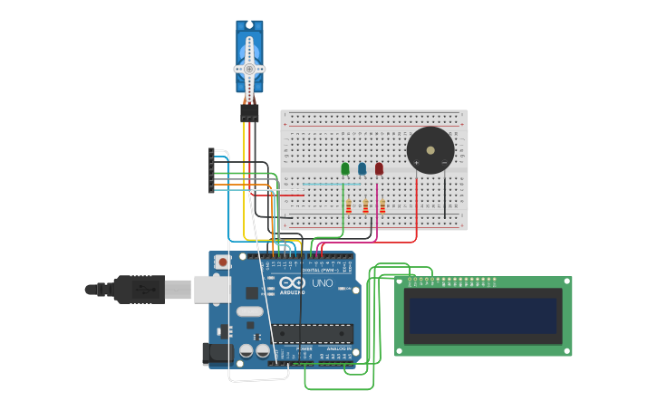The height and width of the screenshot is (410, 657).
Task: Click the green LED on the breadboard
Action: [x=345, y=168]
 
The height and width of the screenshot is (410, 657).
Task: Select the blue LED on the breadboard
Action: [x=362, y=168]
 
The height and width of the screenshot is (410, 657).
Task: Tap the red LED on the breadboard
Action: [x=379, y=168]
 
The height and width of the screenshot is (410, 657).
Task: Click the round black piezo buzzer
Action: [x=430, y=150]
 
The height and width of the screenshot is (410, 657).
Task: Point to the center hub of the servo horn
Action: [x=249, y=69]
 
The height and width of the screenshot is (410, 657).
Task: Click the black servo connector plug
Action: [x=249, y=113]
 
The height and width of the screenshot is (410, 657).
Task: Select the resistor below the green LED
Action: [x=348, y=206]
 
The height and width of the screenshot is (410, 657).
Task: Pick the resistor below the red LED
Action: [x=382, y=206]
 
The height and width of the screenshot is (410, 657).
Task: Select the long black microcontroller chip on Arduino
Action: [x=313, y=333]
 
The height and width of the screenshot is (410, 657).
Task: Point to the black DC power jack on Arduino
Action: [x=216, y=354]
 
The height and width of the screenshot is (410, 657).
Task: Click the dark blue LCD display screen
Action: [x=482, y=317]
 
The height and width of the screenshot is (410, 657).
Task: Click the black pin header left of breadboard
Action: [x=211, y=170]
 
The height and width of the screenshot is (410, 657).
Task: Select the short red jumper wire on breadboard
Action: [x=292, y=195]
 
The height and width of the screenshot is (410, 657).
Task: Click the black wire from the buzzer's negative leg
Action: [x=445, y=195]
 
